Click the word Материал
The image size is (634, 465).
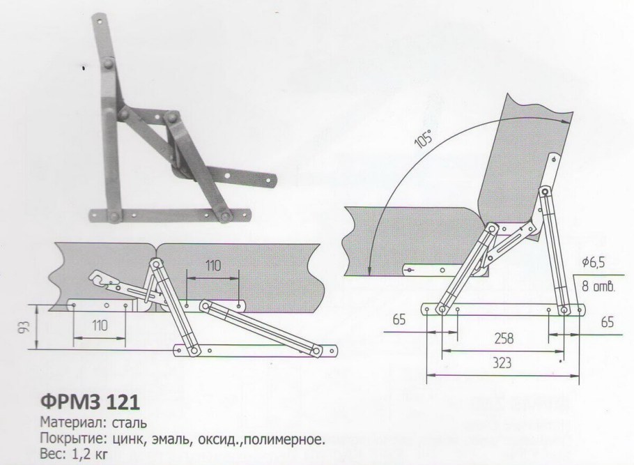(69, 422)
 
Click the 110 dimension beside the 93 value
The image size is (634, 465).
(99, 324)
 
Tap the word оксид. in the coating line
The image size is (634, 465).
(211, 439)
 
